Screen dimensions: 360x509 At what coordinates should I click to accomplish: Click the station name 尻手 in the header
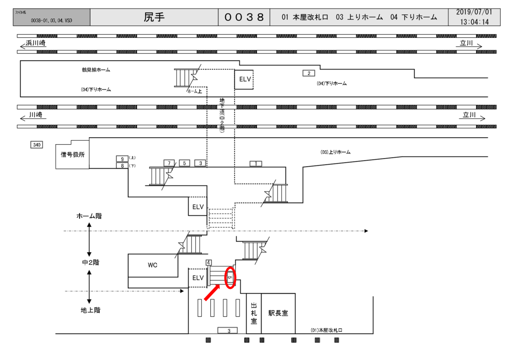pos(154,17)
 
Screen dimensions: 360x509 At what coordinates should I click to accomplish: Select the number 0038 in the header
pos(244,17)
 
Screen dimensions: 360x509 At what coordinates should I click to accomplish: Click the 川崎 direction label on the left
pos(36,114)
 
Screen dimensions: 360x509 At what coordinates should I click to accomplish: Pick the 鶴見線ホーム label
pos(96,70)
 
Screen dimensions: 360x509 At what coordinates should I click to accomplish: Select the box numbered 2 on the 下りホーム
pos(309,73)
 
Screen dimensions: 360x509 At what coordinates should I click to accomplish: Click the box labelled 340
pos(36,145)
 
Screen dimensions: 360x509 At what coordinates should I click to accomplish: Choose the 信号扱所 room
pos(73,155)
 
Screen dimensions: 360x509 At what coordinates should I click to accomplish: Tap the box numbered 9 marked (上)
pos(122,159)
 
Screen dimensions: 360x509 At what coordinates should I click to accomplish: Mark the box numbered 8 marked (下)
pos(122,166)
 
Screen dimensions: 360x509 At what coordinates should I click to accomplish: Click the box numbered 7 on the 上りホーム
pos(169,163)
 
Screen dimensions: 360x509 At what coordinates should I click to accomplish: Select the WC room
pos(153,265)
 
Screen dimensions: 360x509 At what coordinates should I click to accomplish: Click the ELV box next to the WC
pos(198,277)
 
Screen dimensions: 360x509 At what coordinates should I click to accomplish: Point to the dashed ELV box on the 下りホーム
pos(244,80)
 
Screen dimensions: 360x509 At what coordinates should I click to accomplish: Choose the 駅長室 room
pos(278,313)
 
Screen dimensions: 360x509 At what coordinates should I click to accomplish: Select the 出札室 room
pos(254,313)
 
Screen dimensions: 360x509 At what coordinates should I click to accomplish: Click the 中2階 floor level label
pos(90,262)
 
